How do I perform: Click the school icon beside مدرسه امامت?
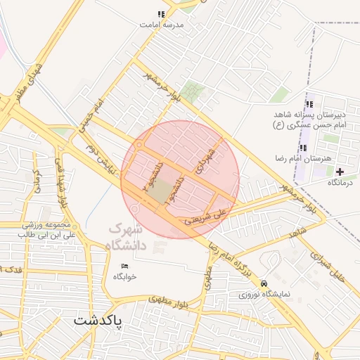[161, 14]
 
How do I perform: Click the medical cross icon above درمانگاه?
[340, 172]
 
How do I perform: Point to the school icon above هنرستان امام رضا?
[303, 148]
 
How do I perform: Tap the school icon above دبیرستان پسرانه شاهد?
[309, 104]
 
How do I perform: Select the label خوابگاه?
[124, 277]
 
